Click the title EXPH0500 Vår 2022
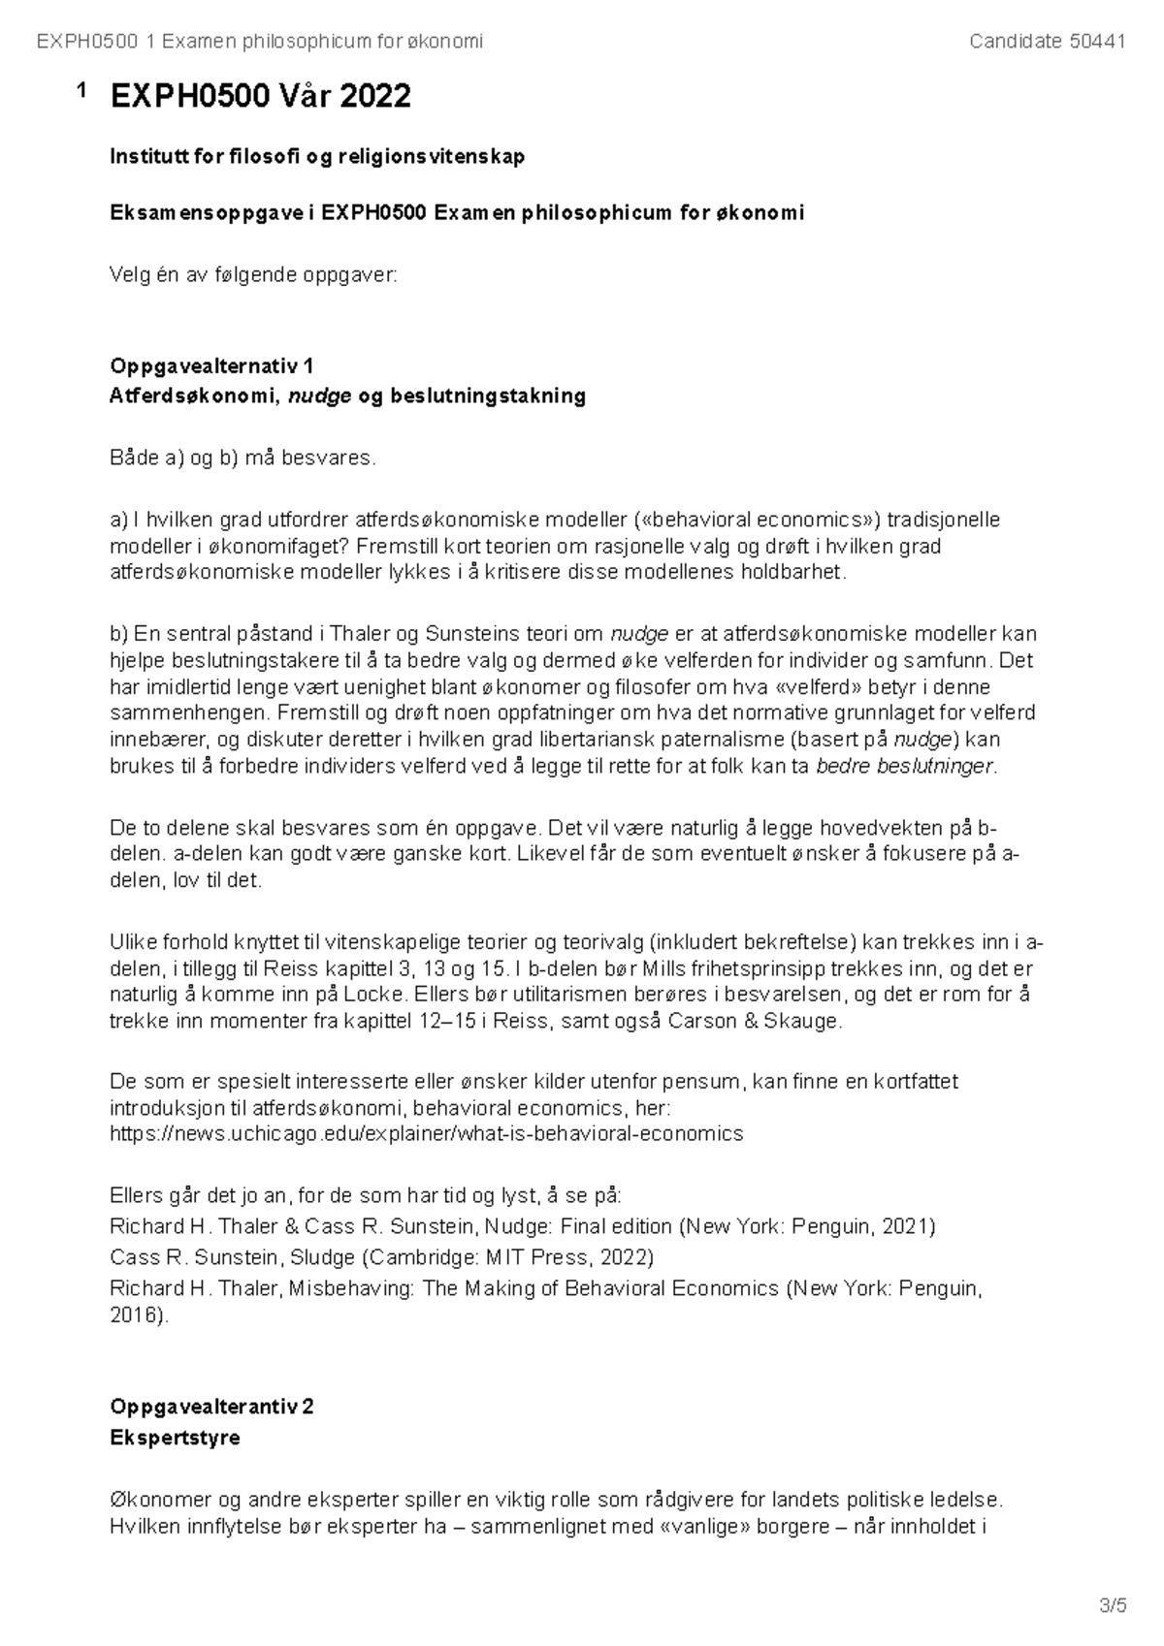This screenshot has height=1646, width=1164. point(260,96)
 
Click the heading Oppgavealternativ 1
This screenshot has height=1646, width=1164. point(211,365)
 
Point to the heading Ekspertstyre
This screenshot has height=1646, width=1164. point(175,1438)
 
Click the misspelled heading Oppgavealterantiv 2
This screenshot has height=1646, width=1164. point(211,1407)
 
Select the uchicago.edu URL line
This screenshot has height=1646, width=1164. point(426,1133)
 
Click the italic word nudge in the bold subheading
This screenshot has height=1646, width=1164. point(319,396)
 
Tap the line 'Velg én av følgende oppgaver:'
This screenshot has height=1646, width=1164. point(253,274)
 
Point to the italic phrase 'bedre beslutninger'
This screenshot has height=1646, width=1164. point(905,766)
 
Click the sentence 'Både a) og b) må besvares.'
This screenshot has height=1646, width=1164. point(242,458)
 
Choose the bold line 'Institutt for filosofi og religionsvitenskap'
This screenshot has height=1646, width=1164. point(317,156)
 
